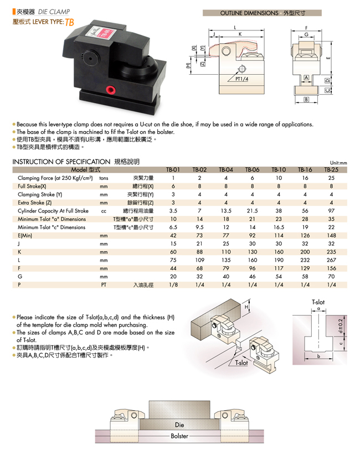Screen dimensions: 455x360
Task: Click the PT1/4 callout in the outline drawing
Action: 242,79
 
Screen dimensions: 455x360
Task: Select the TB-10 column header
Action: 279,170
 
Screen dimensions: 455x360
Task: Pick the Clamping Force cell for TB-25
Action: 331,178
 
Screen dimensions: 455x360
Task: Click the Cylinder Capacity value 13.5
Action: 226,211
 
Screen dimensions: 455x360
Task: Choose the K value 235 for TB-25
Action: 331,252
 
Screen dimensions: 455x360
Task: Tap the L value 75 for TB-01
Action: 173,260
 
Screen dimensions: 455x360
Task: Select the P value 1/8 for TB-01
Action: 173,285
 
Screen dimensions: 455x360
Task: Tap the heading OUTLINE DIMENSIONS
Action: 249,12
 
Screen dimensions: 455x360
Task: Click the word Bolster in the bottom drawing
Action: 179,436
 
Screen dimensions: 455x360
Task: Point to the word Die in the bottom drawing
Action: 179,425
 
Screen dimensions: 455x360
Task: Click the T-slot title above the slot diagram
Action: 318,302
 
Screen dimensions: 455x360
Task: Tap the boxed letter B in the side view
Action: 306,100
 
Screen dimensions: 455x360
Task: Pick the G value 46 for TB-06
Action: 252,276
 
